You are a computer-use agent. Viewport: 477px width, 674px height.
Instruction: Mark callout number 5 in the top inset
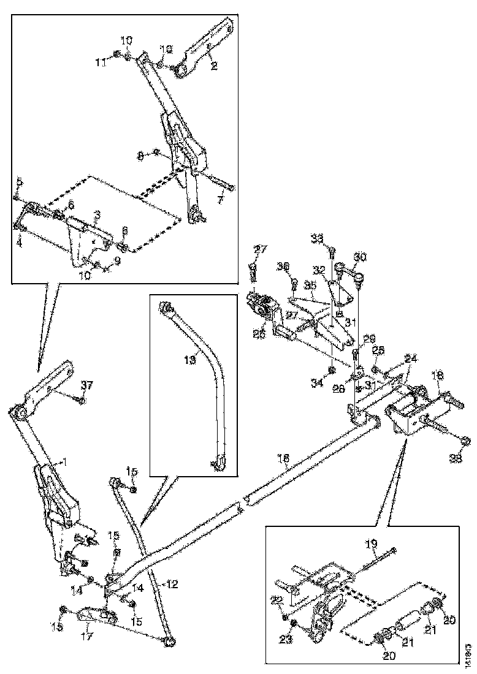[19, 181]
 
